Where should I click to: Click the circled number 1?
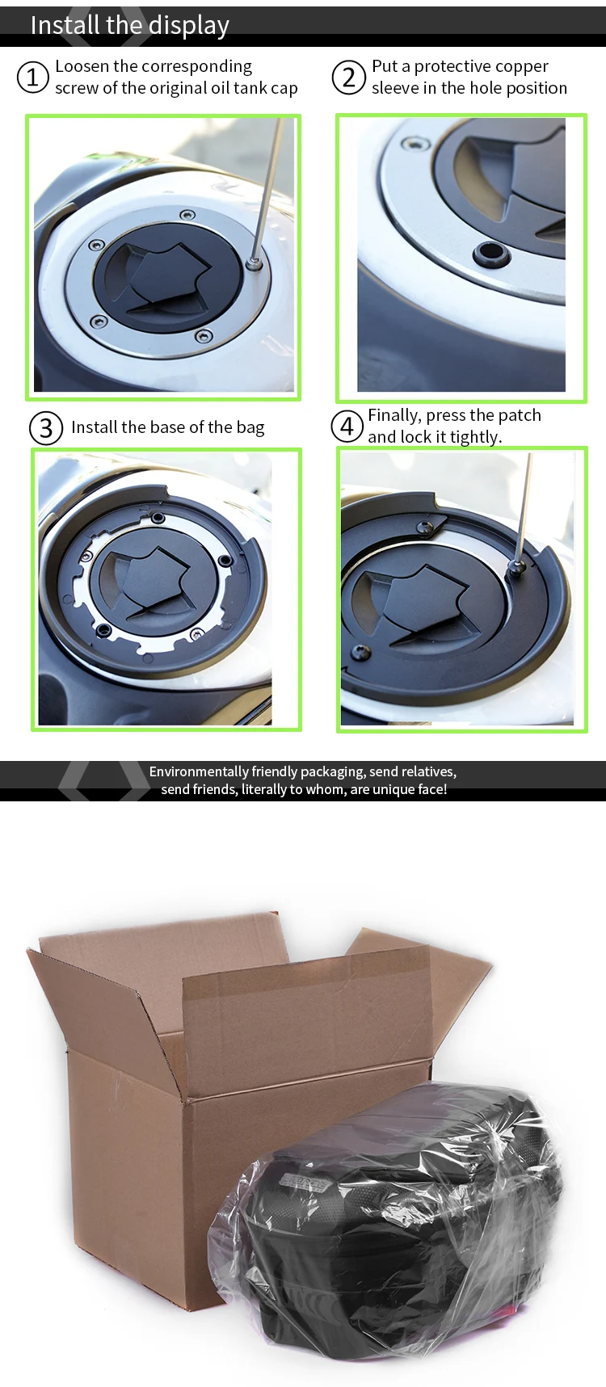pyautogui.click(x=32, y=78)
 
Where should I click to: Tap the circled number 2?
pyautogui.click(x=348, y=78)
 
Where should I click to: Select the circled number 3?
pyautogui.click(x=46, y=428)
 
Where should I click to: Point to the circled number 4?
pyautogui.click(x=347, y=426)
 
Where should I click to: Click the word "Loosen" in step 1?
pyautogui.click(x=82, y=66)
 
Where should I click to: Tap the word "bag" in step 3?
pyautogui.click(x=250, y=428)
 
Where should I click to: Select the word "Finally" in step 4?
pyautogui.click(x=394, y=416)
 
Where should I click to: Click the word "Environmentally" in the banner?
pyautogui.click(x=199, y=772)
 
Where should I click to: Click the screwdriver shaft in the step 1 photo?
pyautogui.click(x=268, y=189)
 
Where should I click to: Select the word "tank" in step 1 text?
pyautogui.click(x=249, y=88)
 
